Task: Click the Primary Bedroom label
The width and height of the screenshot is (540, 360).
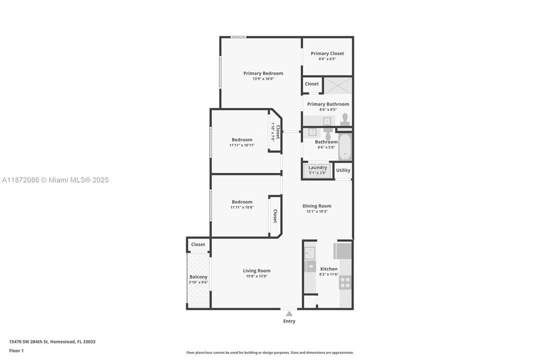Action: pyautogui.click(x=263, y=73)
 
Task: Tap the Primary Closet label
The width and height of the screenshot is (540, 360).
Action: pyautogui.click(x=327, y=53)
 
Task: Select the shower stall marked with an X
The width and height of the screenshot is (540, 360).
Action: pyautogui.click(x=338, y=85)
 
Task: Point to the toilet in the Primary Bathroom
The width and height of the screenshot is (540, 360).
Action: pyautogui.click(x=345, y=119)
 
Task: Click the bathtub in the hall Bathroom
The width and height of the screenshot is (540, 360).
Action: pyautogui.click(x=345, y=146)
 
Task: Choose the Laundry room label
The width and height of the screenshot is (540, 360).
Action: pyautogui.click(x=318, y=167)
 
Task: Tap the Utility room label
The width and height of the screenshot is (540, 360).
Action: pyautogui.click(x=343, y=170)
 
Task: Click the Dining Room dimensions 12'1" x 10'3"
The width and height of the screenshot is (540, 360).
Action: pyautogui.click(x=317, y=211)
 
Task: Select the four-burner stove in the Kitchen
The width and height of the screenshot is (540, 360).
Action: pyautogui.click(x=345, y=282)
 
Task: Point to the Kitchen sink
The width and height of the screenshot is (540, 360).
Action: pyautogui.click(x=310, y=253)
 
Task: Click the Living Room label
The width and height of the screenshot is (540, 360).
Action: pyautogui.click(x=257, y=271)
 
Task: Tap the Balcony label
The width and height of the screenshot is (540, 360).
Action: pyautogui.click(x=198, y=277)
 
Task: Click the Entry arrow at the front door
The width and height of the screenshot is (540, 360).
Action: pyautogui.click(x=289, y=314)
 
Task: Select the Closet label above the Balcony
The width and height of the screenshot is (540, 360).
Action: pyautogui.click(x=198, y=244)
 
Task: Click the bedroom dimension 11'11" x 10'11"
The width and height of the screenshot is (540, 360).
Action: pyautogui.click(x=242, y=145)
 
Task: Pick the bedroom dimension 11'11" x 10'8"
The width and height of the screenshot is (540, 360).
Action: pyautogui.click(x=242, y=207)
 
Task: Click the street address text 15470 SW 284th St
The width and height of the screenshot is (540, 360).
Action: pyautogui.click(x=52, y=342)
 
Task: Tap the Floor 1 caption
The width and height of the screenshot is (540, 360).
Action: pyautogui.click(x=16, y=351)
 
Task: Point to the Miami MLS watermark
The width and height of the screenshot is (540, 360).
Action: pyautogui.click(x=55, y=180)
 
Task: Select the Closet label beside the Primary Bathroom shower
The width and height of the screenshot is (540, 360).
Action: pyautogui.click(x=312, y=84)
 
